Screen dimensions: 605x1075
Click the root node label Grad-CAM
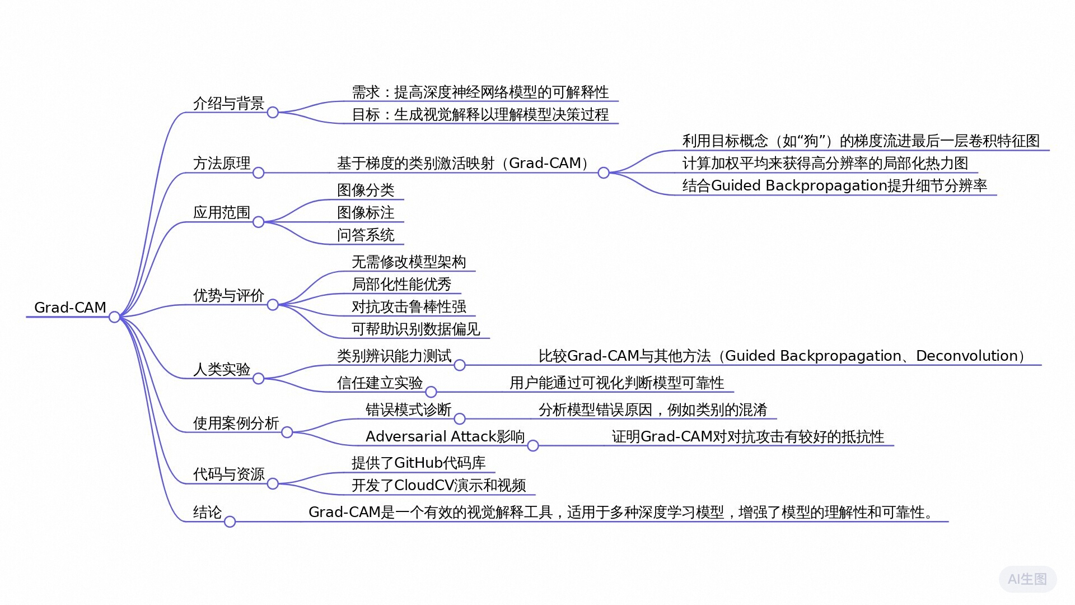tap(70, 308)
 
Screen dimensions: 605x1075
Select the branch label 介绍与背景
tap(228, 104)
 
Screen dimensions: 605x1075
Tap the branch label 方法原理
tap(222, 164)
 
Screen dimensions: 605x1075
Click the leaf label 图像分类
tap(366, 190)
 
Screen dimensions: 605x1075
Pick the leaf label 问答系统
tap(366, 235)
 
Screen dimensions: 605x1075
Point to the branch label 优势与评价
tap(228, 296)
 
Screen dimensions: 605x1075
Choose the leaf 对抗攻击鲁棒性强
tap(409, 307)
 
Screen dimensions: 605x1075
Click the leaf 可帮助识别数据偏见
tap(415, 329)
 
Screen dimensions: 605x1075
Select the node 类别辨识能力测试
tap(394, 356)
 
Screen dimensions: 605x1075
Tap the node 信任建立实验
tap(380, 383)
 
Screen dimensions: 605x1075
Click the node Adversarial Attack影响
tap(445, 437)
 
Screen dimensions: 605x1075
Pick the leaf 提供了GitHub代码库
tap(418, 463)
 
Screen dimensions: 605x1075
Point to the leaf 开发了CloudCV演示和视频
tap(438, 486)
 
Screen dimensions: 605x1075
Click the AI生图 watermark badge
tap(1027, 579)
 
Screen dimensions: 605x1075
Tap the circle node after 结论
tap(230, 522)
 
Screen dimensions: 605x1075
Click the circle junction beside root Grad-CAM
tap(114, 318)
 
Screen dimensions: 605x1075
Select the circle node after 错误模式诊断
tap(460, 419)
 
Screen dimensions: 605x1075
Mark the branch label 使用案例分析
tap(236, 424)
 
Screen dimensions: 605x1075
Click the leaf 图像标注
tap(366, 213)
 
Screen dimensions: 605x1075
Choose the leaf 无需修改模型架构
tap(409, 262)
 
